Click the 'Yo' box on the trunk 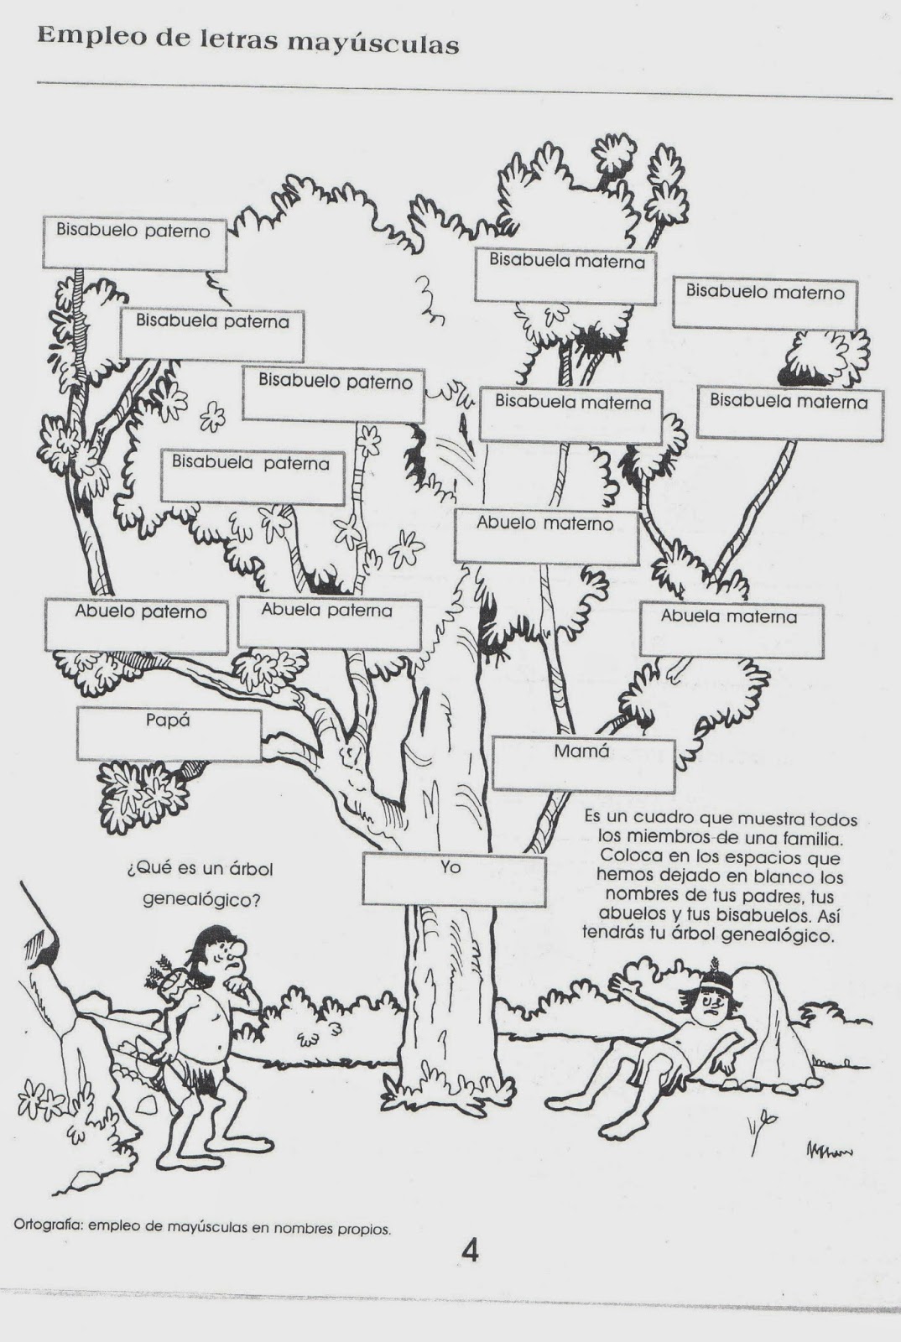coord(454,879)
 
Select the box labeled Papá coord(169,735)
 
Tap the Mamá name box coord(584,764)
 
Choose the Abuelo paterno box coord(137,626)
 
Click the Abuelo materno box coord(546,537)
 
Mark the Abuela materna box coord(732,630)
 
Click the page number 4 coord(471,1246)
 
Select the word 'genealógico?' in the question coord(201,899)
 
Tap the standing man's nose coord(237,952)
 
